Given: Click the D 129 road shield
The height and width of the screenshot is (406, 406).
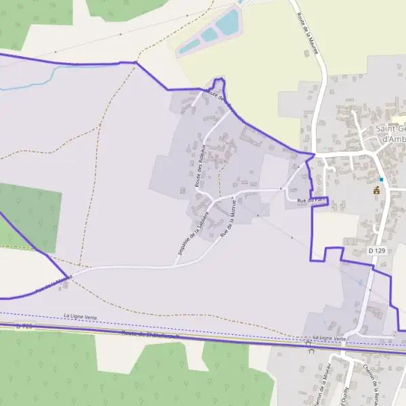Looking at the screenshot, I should pyautogui.click(x=377, y=251).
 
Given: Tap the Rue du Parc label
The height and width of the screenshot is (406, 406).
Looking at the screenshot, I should pyautogui.click(x=299, y=200).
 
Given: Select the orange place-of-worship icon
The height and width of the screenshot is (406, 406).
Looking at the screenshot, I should pyautogui.click(x=377, y=190).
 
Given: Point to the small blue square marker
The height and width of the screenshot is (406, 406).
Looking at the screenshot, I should pyautogui.click(x=382, y=179).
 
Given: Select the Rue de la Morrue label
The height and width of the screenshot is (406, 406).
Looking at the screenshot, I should pyautogui.click(x=228, y=219).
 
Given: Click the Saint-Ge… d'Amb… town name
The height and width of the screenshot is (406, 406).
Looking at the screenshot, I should pyautogui.click(x=390, y=133).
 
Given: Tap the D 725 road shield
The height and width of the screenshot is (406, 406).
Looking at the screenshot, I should pyautogui.click(x=24, y=326).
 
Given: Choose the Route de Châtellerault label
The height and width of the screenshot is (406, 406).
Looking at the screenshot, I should pyautogui.click(x=150, y=334).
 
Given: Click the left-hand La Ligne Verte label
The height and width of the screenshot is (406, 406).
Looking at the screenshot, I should pyautogui.click(x=81, y=316).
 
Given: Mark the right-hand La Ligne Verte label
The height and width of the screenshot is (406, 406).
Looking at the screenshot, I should pyautogui.click(x=329, y=338).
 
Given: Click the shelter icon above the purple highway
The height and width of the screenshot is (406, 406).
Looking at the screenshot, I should pyautogui.click(x=309, y=344).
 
